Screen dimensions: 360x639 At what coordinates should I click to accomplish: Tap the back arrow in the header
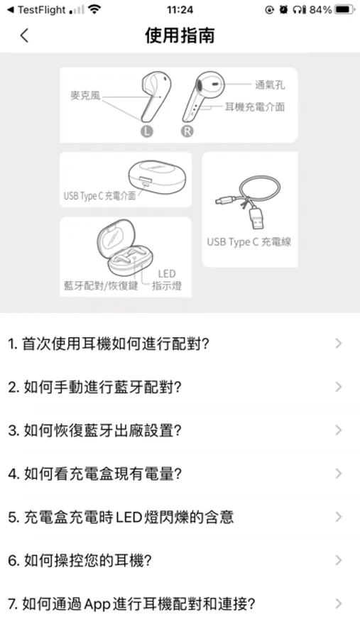pyautogui.click(x=24, y=35)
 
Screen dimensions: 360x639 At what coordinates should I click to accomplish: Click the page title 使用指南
pyautogui.click(x=180, y=35)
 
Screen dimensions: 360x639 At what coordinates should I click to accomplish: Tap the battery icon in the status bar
pyautogui.click(x=344, y=9)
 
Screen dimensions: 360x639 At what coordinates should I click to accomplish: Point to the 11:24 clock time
pyautogui.click(x=180, y=9)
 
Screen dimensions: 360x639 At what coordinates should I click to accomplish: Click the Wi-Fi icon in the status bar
pyautogui.click(x=94, y=9)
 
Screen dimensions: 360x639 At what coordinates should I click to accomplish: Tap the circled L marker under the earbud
pyautogui.click(x=147, y=131)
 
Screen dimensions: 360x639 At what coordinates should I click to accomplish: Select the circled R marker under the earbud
pyautogui.click(x=187, y=131)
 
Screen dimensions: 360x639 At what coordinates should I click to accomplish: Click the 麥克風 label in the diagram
pyautogui.click(x=85, y=96)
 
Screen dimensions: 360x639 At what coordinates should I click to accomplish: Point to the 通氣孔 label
pyautogui.click(x=270, y=84)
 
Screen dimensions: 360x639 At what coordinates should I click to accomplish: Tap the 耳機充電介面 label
pyautogui.click(x=255, y=106)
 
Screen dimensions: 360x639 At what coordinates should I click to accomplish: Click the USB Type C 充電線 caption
pyautogui.click(x=249, y=241)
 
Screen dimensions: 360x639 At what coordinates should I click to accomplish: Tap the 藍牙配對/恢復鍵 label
pyautogui.click(x=101, y=285)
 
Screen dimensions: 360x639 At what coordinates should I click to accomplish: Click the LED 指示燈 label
pyautogui.click(x=167, y=280)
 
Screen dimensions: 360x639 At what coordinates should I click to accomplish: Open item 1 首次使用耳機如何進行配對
pyautogui.click(x=109, y=344)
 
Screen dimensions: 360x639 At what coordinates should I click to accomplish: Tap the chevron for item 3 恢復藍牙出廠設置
pyautogui.click(x=339, y=430)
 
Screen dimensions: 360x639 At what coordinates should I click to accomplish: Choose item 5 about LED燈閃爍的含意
pyautogui.click(x=121, y=517)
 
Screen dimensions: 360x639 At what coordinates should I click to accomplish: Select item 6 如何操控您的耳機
pyautogui.click(x=80, y=560)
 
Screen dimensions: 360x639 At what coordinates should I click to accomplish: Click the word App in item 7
pyautogui.click(x=97, y=604)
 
